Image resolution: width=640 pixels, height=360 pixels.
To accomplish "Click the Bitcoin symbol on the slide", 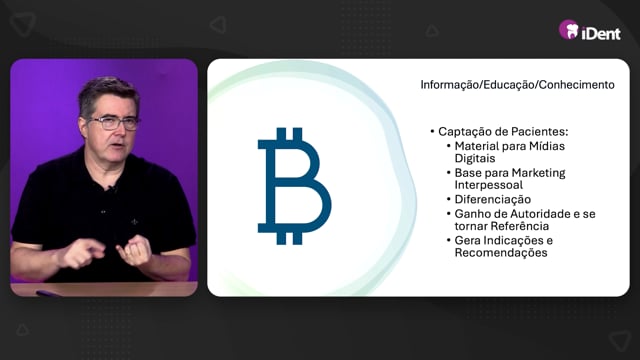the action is [294, 186].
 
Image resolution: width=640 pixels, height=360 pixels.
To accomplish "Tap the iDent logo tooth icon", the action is [569, 30].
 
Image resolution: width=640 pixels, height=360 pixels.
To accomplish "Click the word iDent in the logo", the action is [601, 33].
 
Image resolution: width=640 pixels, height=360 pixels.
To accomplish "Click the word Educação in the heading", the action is [509, 85].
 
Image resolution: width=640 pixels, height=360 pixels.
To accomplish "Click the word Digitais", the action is [475, 158].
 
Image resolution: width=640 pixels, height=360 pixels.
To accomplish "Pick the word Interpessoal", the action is [489, 185].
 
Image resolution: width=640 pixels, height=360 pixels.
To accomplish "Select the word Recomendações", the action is [501, 253].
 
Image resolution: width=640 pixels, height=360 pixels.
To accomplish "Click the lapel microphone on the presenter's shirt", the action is [110, 189].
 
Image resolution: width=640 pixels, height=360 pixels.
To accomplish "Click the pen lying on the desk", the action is [48, 293].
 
